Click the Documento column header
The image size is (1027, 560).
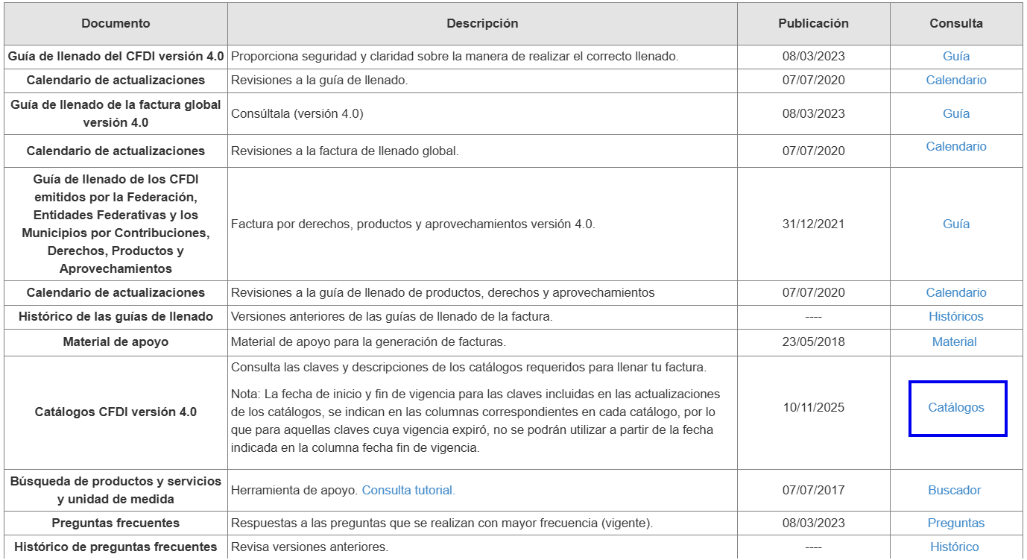pyautogui.click(x=116, y=23)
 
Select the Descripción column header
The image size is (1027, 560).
pyautogui.click(x=482, y=23)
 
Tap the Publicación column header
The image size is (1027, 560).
pyautogui.click(x=813, y=23)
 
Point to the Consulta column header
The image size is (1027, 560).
pyautogui.click(x=955, y=23)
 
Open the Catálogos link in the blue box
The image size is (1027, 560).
pyautogui.click(x=955, y=408)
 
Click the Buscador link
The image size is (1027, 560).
pyautogui.click(x=954, y=491)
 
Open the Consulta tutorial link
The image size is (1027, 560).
pyautogui.click(x=408, y=491)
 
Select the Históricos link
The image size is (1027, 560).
pyautogui.click(x=955, y=317)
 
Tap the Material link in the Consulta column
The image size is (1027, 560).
pyautogui.click(x=954, y=342)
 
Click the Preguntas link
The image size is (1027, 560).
pyautogui.click(x=955, y=523)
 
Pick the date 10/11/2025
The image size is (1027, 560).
pyautogui.click(x=813, y=408)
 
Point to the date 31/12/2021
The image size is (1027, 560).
pyautogui.click(x=813, y=224)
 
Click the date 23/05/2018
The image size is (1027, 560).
pyautogui.click(x=813, y=342)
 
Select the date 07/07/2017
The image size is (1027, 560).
pyautogui.click(x=813, y=491)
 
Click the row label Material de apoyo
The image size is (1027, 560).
pyautogui.click(x=116, y=342)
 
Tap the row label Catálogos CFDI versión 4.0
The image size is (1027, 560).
pyautogui.click(x=116, y=412)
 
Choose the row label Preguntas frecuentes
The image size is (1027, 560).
pyautogui.click(x=116, y=523)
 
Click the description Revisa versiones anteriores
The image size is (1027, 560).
pyautogui.click(x=309, y=547)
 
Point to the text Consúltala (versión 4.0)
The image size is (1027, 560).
pyautogui.click(x=297, y=114)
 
